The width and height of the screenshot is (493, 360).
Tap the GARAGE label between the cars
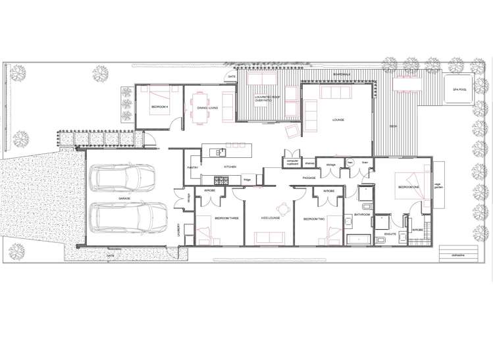coord(124,197)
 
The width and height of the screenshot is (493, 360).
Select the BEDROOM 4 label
coord(161,107)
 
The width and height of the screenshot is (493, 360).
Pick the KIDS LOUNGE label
coord(271,217)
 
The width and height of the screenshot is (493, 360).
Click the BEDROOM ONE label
coord(409,187)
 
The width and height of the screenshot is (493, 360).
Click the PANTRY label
coord(194,168)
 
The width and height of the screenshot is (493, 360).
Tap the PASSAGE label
coord(309,178)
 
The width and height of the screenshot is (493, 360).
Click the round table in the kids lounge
coord(284,209)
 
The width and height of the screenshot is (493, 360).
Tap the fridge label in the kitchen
coord(247,178)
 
